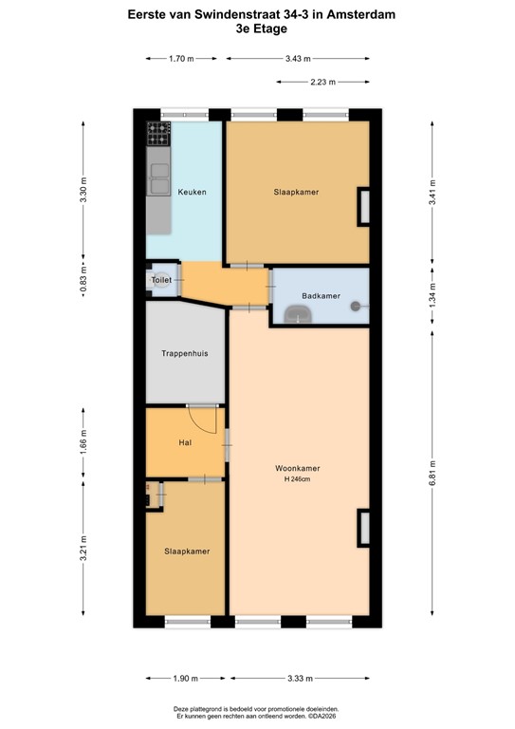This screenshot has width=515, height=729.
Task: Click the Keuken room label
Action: click(192, 193)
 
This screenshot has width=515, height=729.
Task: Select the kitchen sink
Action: click(157, 176)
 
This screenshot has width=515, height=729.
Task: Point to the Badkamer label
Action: click(320, 296)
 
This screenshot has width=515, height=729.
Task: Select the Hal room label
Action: click(186, 443)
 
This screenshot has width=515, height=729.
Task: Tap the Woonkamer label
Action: click(297, 468)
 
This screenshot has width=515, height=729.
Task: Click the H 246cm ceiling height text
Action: click(297, 479)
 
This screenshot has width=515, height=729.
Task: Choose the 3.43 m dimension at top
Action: click(298, 59)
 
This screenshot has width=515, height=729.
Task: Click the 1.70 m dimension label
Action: click(181, 59)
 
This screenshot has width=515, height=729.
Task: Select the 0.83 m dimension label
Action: click(83, 281)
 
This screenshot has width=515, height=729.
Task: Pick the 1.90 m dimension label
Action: click(185, 679)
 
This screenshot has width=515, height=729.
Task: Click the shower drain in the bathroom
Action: click(356, 306)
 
